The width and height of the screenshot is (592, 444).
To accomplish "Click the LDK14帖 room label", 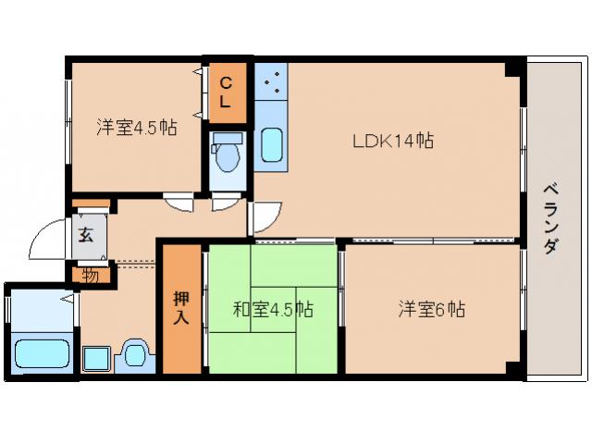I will tap(392, 142).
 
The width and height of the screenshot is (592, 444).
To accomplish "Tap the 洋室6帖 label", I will tap(431, 310).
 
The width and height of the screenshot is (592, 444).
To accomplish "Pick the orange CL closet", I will tap(227, 92).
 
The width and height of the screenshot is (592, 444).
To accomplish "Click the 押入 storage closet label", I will tap(179, 308).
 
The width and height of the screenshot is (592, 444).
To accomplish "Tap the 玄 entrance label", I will tap(86, 234).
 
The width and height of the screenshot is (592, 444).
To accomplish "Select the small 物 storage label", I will tap(90, 274).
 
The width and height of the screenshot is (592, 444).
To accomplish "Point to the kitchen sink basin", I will tap(271, 146).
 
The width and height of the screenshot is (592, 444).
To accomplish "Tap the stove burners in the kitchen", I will tap(271, 83).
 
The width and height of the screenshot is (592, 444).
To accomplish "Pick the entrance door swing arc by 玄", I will tap(46, 242).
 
